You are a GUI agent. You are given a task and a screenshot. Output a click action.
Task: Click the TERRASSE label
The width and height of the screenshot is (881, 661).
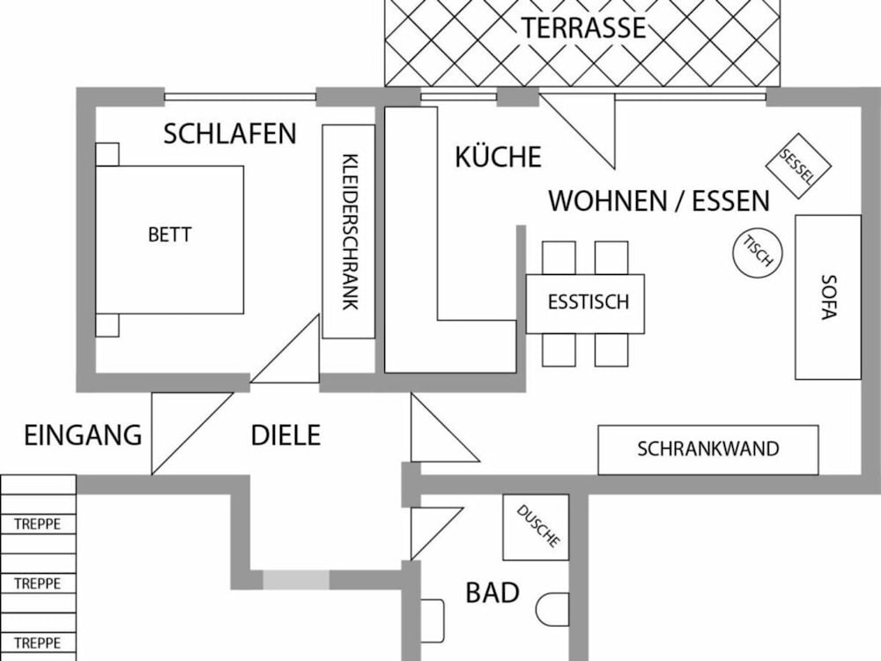(x=584, y=27)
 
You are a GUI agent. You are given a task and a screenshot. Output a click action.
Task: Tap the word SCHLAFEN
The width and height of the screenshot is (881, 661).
(x=230, y=134)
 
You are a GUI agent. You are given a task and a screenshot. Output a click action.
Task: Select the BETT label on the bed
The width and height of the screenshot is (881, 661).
(x=170, y=234)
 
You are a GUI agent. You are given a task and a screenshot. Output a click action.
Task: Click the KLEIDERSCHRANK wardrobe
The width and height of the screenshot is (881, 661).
(x=348, y=232)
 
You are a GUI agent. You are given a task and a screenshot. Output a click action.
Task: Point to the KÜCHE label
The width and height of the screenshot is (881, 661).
(x=498, y=157)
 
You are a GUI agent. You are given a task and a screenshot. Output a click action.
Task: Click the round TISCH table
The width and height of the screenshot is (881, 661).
(x=758, y=252)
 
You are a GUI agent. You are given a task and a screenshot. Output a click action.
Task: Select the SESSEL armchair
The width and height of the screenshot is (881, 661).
(x=798, y=166)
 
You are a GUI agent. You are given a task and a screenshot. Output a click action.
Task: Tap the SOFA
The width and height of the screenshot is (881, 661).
(x=827, y=297)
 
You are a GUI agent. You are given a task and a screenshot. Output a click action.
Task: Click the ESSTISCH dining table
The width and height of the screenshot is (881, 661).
(x=585, y=303)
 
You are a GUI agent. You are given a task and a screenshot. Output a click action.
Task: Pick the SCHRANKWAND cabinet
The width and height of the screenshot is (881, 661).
(x=708, y=449)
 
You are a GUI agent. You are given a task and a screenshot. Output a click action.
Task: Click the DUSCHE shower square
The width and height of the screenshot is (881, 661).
(x=536, y=527)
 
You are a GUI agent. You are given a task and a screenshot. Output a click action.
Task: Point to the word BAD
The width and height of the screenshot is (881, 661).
(x=492, y=593)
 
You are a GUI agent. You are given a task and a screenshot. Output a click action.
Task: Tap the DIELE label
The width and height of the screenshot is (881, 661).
(x=285, y=435)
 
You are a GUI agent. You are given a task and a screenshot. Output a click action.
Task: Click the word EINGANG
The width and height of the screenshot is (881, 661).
(x=83, y=435)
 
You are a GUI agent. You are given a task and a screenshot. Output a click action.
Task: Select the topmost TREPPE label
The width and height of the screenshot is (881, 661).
(x=37, y=524)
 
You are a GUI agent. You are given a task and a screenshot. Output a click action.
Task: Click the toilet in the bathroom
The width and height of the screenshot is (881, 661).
(x=552, y=610)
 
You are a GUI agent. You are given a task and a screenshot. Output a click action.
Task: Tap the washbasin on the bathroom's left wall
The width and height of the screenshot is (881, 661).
(x=432, y=620)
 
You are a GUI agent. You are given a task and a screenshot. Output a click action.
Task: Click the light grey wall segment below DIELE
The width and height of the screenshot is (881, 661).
(x=296, y=580)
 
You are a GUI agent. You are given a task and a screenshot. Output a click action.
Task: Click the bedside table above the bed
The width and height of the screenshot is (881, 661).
(x=107, y=154)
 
